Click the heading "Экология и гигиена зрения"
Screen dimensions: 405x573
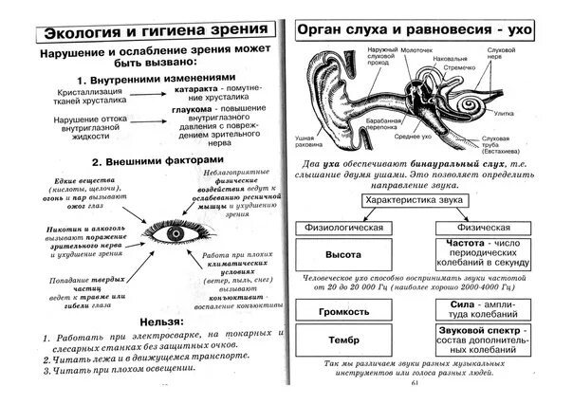pyautogui.click(x=142, y=32)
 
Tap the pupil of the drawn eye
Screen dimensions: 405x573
pyautogui.click(x=174, y=231)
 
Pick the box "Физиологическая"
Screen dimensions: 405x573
pyautogui.click(x=343, y=229)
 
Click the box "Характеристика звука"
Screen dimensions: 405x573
pyautogui.click(x=415, y=201)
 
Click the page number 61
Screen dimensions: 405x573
pyautogui.click(x=416, y=381)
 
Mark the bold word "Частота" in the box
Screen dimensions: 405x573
pyautogui.click(x=459, y=245)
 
